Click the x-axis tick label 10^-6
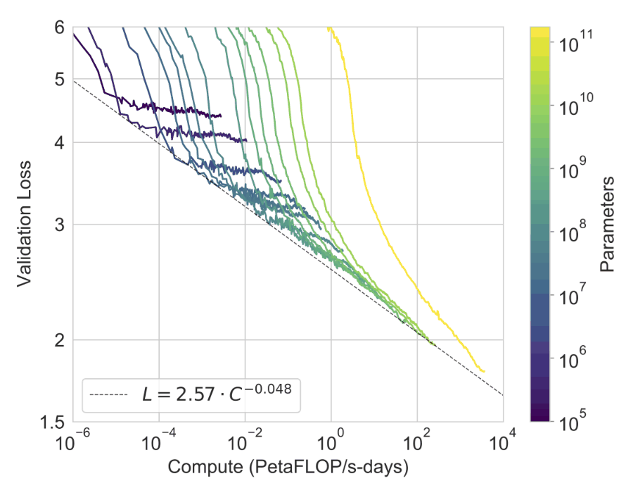pos(74,443)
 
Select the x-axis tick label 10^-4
pos(160,443)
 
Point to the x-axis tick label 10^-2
pos(245,443)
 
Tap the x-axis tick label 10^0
pos(332,443)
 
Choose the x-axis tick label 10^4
pos(504,443)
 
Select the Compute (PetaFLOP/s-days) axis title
pos(288,468)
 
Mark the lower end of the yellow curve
pos(485,371)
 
